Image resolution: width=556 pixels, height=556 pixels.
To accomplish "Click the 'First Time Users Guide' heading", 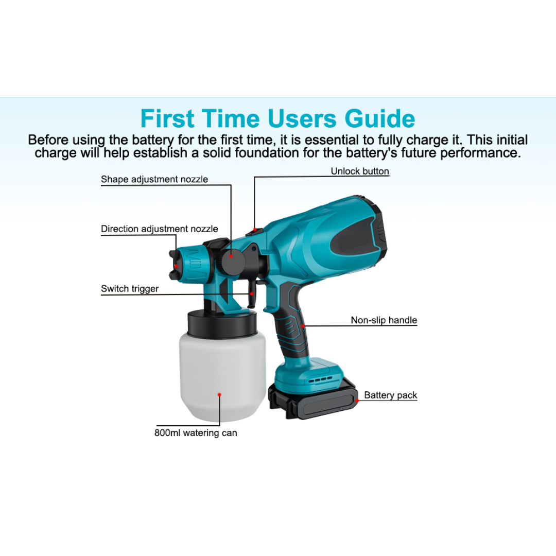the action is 277,118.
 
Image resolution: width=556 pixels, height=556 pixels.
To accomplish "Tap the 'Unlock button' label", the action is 360,171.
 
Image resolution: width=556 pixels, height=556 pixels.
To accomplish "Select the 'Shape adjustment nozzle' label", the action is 154,180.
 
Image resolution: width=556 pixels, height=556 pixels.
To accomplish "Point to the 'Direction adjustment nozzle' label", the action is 159,229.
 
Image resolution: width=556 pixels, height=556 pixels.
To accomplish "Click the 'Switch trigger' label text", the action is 130,289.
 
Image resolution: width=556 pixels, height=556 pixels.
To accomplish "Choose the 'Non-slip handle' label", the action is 384,320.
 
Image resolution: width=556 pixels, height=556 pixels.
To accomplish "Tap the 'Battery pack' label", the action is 390,395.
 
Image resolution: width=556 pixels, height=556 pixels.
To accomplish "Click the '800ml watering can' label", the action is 196,433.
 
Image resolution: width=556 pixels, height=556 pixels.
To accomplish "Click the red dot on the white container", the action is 219,395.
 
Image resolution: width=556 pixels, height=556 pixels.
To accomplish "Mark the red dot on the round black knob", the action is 231,256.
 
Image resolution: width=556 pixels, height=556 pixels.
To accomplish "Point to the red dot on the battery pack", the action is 357,401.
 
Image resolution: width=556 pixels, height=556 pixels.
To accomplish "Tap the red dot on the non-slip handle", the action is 303,326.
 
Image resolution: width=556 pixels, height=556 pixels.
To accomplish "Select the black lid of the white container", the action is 222,323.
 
